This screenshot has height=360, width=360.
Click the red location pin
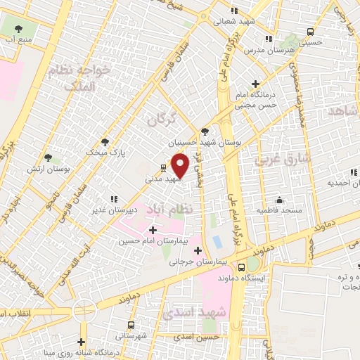pyautogui.click(x=181, y=166)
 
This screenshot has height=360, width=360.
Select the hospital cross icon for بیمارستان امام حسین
pyautogui.click(x=153, y=229)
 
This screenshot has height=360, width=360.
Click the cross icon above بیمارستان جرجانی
pyautogui.click(x=198, y=250)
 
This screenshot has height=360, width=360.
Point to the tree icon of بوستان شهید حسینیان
pyautogui.click(x=205, y=131)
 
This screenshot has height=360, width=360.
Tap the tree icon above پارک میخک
pyautogui.click(x=105, y=141)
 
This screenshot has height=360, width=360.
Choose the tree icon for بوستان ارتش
pyautogui.click(x=48, y=157)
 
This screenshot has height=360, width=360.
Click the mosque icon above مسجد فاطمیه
pyautogui.click(x=279, y=199)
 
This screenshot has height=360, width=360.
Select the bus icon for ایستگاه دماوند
pyautogui.click(x=242, y=266)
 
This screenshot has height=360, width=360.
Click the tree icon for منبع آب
pyautogui.click(x=19, y=29)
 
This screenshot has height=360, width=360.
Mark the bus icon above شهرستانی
pyautogui.click(x=131, y=325)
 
